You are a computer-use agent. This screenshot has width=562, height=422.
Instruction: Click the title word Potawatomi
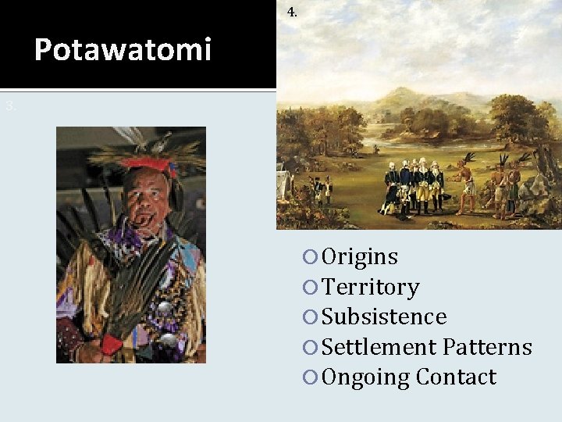(x=123, y=50)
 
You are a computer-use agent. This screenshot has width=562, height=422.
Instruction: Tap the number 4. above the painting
(x=292, y=12)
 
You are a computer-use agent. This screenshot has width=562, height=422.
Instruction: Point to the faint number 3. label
(x=10, y=105)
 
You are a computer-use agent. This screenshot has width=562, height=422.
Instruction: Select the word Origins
(x=360, y=256)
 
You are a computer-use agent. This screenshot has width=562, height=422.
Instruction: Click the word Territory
(x=371, y=288)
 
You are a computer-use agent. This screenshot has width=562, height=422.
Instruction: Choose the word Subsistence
(x=384, y=316)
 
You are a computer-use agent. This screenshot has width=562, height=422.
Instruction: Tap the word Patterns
(x=488, y=347)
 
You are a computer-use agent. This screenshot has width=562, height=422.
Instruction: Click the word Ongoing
(x=366, y=377)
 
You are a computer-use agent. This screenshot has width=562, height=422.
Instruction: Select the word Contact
(x=457, y=377)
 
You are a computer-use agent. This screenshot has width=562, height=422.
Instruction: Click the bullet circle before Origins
(x=312, y=257)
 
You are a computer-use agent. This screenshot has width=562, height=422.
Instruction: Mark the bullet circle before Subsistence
(x=312, y=317)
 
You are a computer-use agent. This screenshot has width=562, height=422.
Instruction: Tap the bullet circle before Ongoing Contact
(x=312, y=378)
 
